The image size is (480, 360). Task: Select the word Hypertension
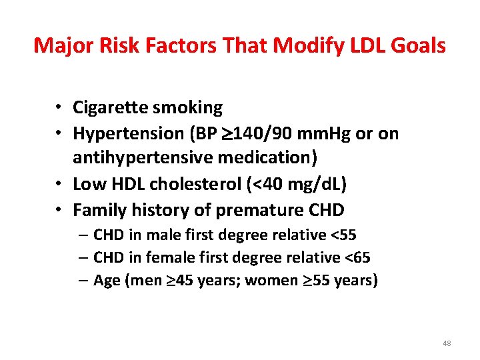click(x=125, y=133)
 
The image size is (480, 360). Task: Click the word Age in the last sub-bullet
click(x=107, y=281)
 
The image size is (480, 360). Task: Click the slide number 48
click(x=447, y=343)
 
